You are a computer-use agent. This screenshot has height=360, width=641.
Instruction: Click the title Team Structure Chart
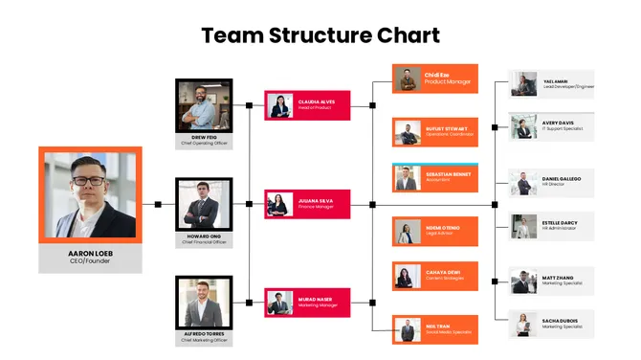[320, 36]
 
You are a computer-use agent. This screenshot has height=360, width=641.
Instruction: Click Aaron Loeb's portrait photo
[91, 195]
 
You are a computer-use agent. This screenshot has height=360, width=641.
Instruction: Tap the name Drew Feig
[204, 138]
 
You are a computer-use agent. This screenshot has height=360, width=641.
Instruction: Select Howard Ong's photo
[204, 204]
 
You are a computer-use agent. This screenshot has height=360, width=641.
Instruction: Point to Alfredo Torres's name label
[204, 334]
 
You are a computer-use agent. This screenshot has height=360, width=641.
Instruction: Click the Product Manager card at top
[433, 79]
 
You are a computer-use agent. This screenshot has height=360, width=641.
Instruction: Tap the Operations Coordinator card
[433, 131]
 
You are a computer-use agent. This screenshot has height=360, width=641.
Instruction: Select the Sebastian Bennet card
[433, 177]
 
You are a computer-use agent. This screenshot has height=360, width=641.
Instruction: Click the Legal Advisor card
[433, 230]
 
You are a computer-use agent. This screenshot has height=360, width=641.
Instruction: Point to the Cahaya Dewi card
[433, 276]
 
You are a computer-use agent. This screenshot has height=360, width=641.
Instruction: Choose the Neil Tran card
[433, 328]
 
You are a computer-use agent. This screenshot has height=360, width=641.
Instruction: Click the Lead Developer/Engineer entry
[552, 84]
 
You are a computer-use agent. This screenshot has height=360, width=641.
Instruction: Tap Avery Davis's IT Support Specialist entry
[552, 126]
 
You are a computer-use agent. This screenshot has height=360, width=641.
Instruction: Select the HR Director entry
[552, 182]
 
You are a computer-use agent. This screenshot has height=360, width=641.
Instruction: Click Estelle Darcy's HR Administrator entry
[552, 227]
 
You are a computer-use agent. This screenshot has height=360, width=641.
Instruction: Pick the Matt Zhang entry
[552, 280]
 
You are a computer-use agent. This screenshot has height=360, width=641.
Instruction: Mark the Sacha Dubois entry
[552, 324]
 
